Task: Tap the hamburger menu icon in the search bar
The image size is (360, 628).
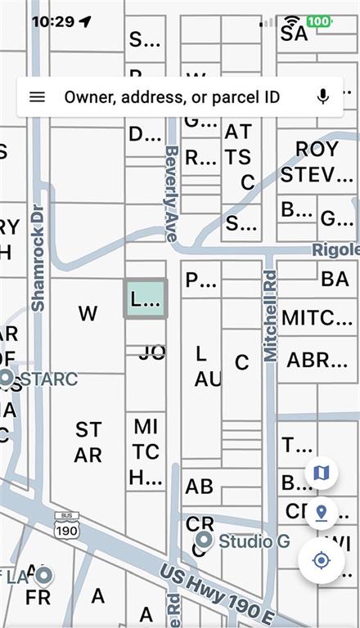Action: [x=37, y=96]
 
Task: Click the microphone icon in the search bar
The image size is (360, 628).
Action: [x=323, y=96]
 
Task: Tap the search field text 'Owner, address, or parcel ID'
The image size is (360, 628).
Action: [x=172, y=96]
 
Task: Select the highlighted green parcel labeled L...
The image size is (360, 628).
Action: [x=146, y=298]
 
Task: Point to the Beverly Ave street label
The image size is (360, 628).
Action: [x=171, y=193]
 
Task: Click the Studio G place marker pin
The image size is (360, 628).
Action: [x=204, y=541]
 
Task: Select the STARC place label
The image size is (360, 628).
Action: [x=48, y=379]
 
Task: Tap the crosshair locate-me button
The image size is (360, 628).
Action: [x=321, y=560]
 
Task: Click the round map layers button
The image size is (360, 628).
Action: [x=321, y=473]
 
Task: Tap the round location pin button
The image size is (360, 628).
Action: [x=321, y=513]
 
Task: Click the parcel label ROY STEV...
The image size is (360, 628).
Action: [x=316, y=162]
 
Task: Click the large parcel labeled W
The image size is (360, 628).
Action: [x=88, y=313]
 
